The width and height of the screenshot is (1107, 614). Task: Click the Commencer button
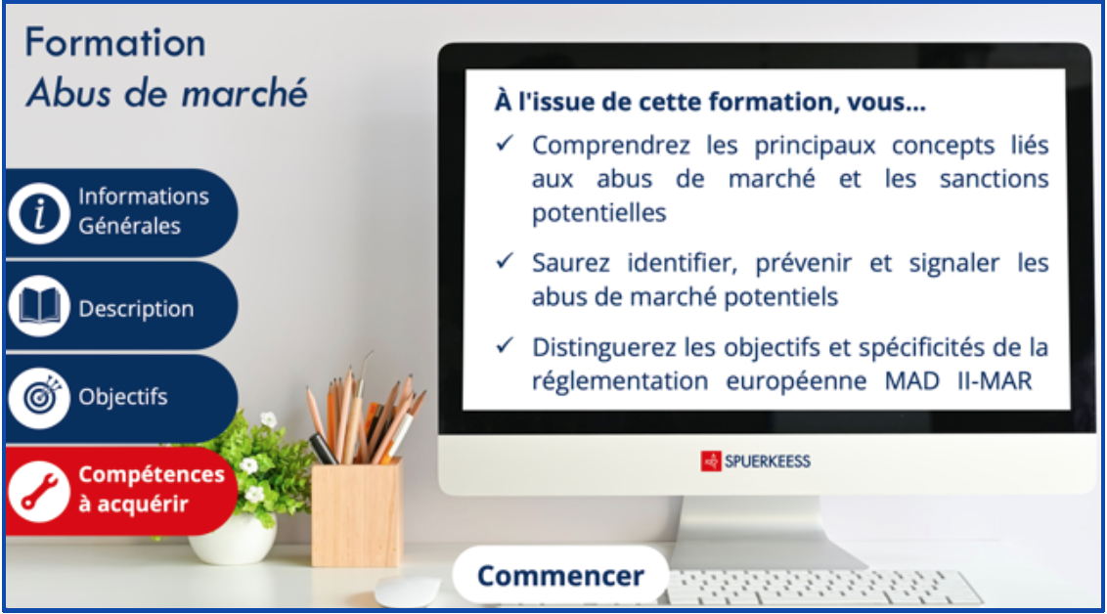coord(560,575)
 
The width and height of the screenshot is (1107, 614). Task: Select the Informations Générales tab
coord(121,212)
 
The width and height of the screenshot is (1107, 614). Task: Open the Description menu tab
coord(121,306)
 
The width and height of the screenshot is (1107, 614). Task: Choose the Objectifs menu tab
coord(121,397)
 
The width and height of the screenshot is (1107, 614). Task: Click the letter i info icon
coord(39,213)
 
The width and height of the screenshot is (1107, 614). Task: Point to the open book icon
coord(39,306)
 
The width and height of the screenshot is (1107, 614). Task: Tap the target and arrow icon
coord(39,398)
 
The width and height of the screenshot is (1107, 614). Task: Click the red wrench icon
coord(39,491)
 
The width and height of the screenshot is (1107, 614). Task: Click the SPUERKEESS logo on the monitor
coord(755,461)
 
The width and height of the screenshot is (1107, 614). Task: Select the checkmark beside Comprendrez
coord(504,144)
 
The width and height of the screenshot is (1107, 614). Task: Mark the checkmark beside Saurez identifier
coord(504,261)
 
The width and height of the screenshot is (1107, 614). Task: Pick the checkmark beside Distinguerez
coord(504,345)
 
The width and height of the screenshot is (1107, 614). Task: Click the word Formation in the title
coord(115,43)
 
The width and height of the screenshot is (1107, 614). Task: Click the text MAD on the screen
coord(911,381)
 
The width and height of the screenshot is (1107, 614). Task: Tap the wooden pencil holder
coord(357,514)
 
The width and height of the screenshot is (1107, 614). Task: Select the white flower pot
coord(233,539)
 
